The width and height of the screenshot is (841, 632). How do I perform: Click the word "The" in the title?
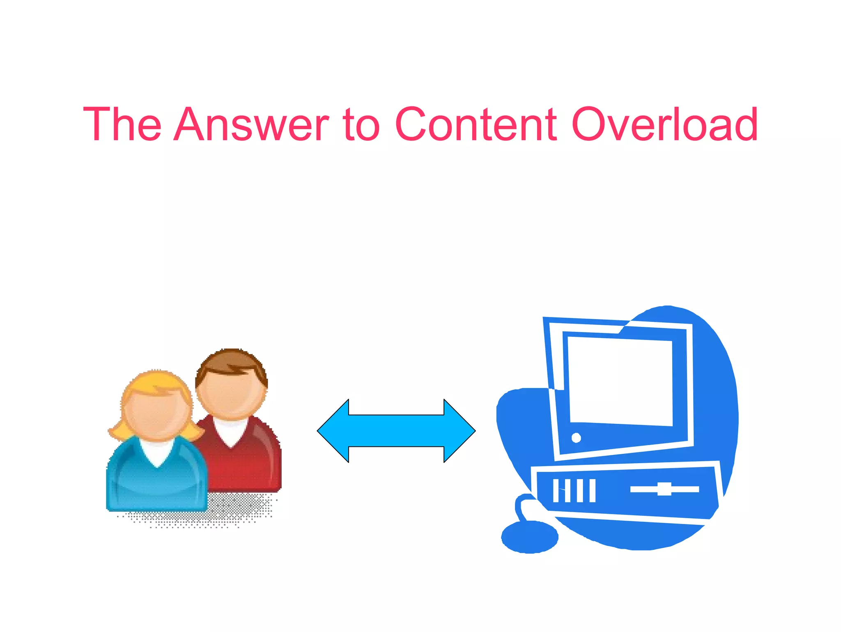[122, 124]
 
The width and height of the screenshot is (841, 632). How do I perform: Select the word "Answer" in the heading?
[251, 124]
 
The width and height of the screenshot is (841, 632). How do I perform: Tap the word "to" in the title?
[361, 124]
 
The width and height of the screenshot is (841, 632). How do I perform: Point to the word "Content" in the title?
[476, 124]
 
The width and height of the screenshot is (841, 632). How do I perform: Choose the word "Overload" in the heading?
[664, 124]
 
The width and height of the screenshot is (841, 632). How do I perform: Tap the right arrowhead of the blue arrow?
[459, 431]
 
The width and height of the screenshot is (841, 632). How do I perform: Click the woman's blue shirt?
[156, 485]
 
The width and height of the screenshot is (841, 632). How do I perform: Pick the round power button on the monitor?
[576, 438]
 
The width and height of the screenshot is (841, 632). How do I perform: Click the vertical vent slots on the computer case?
[574, 490]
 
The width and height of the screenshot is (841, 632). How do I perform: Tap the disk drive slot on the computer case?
[664, 489]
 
